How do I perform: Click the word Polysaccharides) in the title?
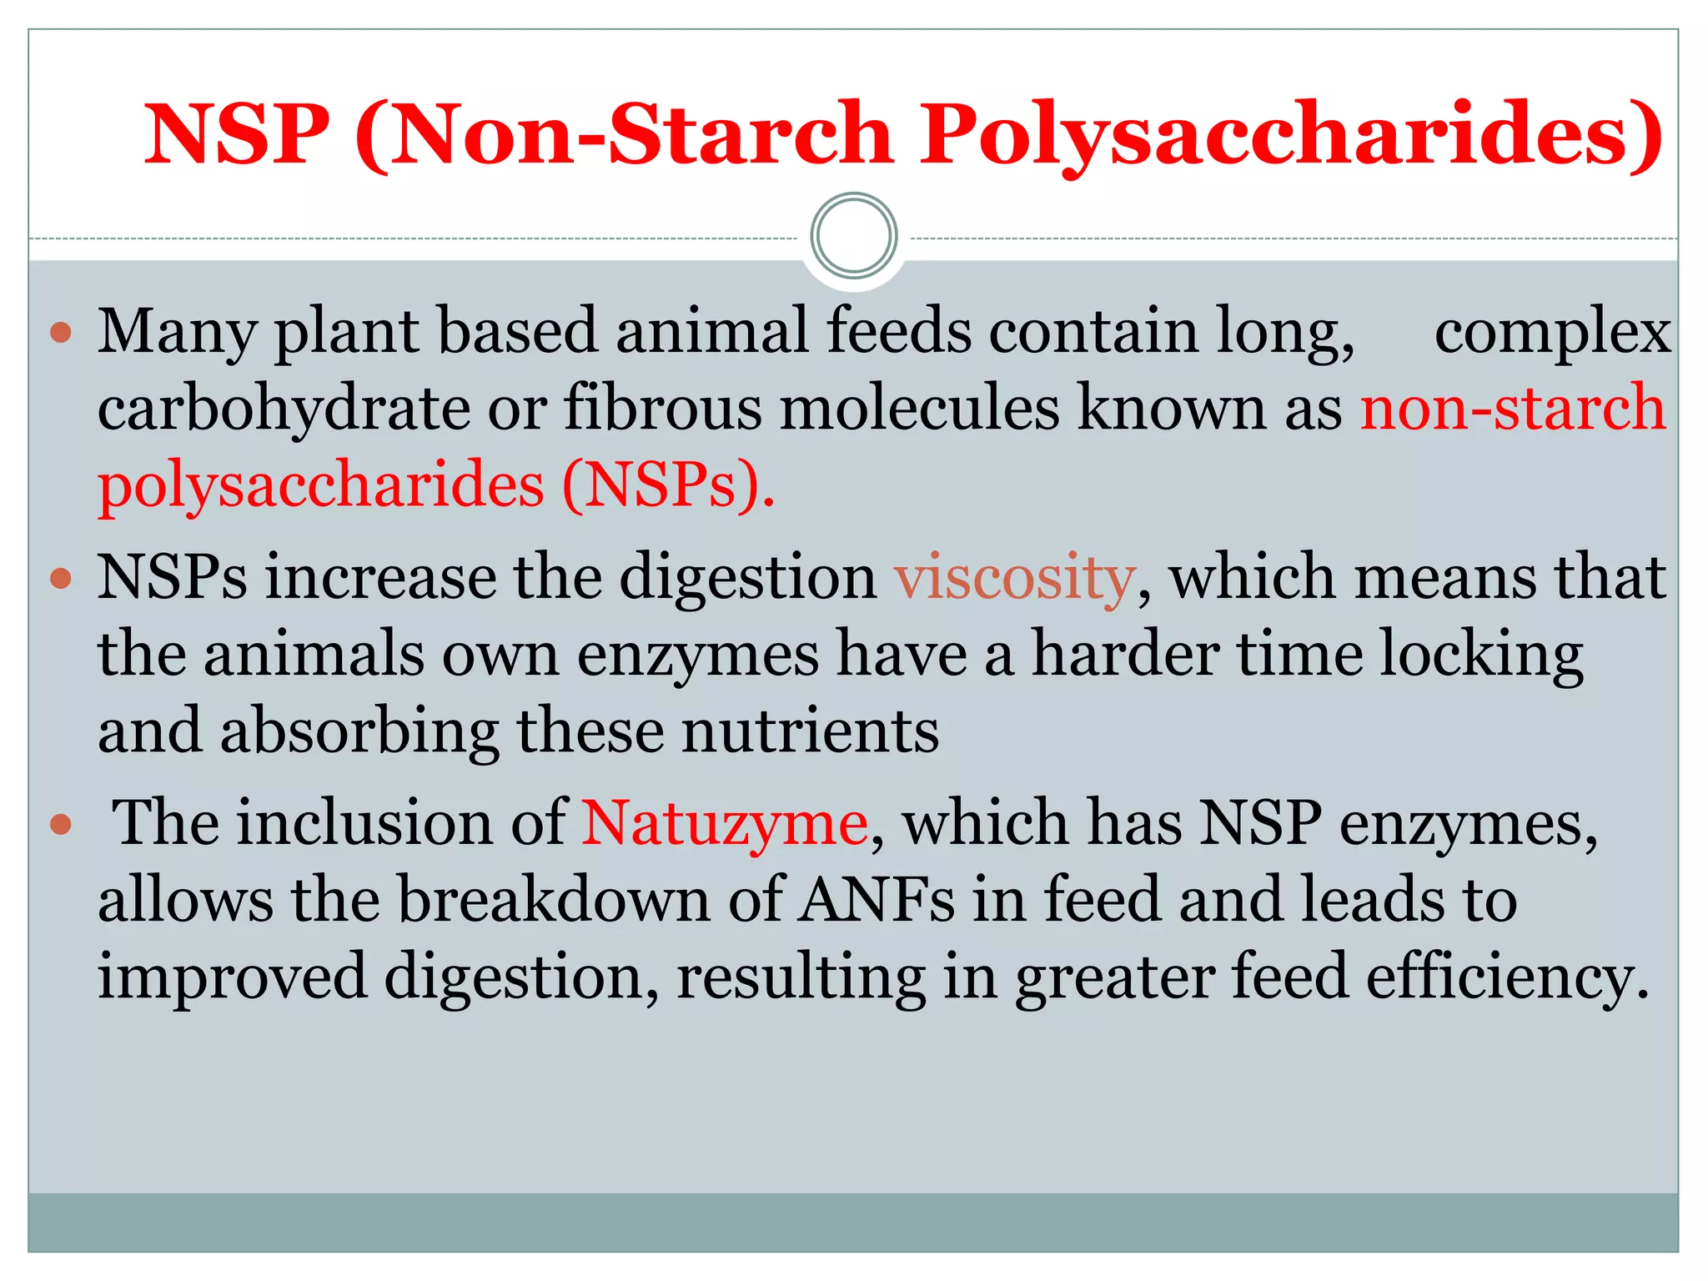pos(1291,135)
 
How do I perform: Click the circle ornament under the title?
pos(854,236)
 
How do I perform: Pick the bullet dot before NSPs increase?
pos(62,578)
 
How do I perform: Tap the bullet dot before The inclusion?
pos(62,825)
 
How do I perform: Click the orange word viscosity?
pos(1015,578)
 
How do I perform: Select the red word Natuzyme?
pos(724,824)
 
